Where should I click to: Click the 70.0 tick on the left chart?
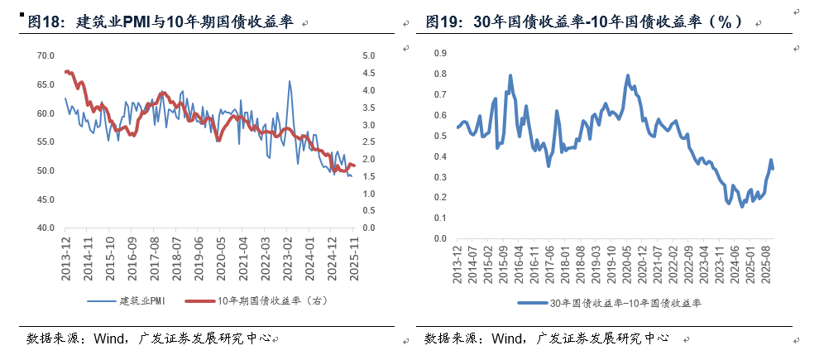tap(44, 55)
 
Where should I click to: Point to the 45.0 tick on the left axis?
tap(44, 199)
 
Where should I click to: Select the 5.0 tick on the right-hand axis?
tap(367, 55)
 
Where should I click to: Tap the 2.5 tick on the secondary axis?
tap(367, 142)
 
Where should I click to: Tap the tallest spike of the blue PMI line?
tap(289, 81)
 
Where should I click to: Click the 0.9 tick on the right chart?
tap(440, 53)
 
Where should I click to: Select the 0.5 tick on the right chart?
tap(440, 136)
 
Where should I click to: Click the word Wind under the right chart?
tap(507, 338)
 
